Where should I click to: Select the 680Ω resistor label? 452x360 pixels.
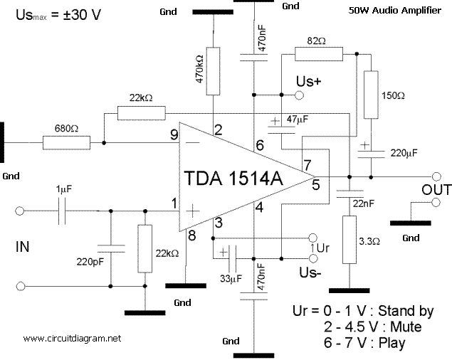coord(66,130)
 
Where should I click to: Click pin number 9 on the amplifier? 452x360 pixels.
coord(173,134)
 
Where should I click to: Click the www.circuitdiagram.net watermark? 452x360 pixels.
coord(72,337)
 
